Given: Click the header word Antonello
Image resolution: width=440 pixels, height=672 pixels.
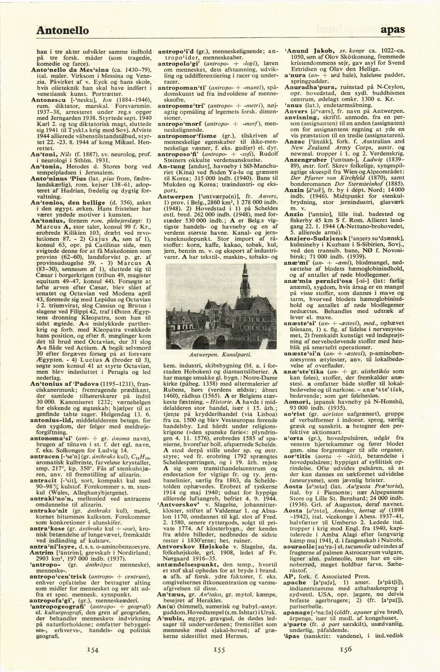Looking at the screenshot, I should tap(62, 31).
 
